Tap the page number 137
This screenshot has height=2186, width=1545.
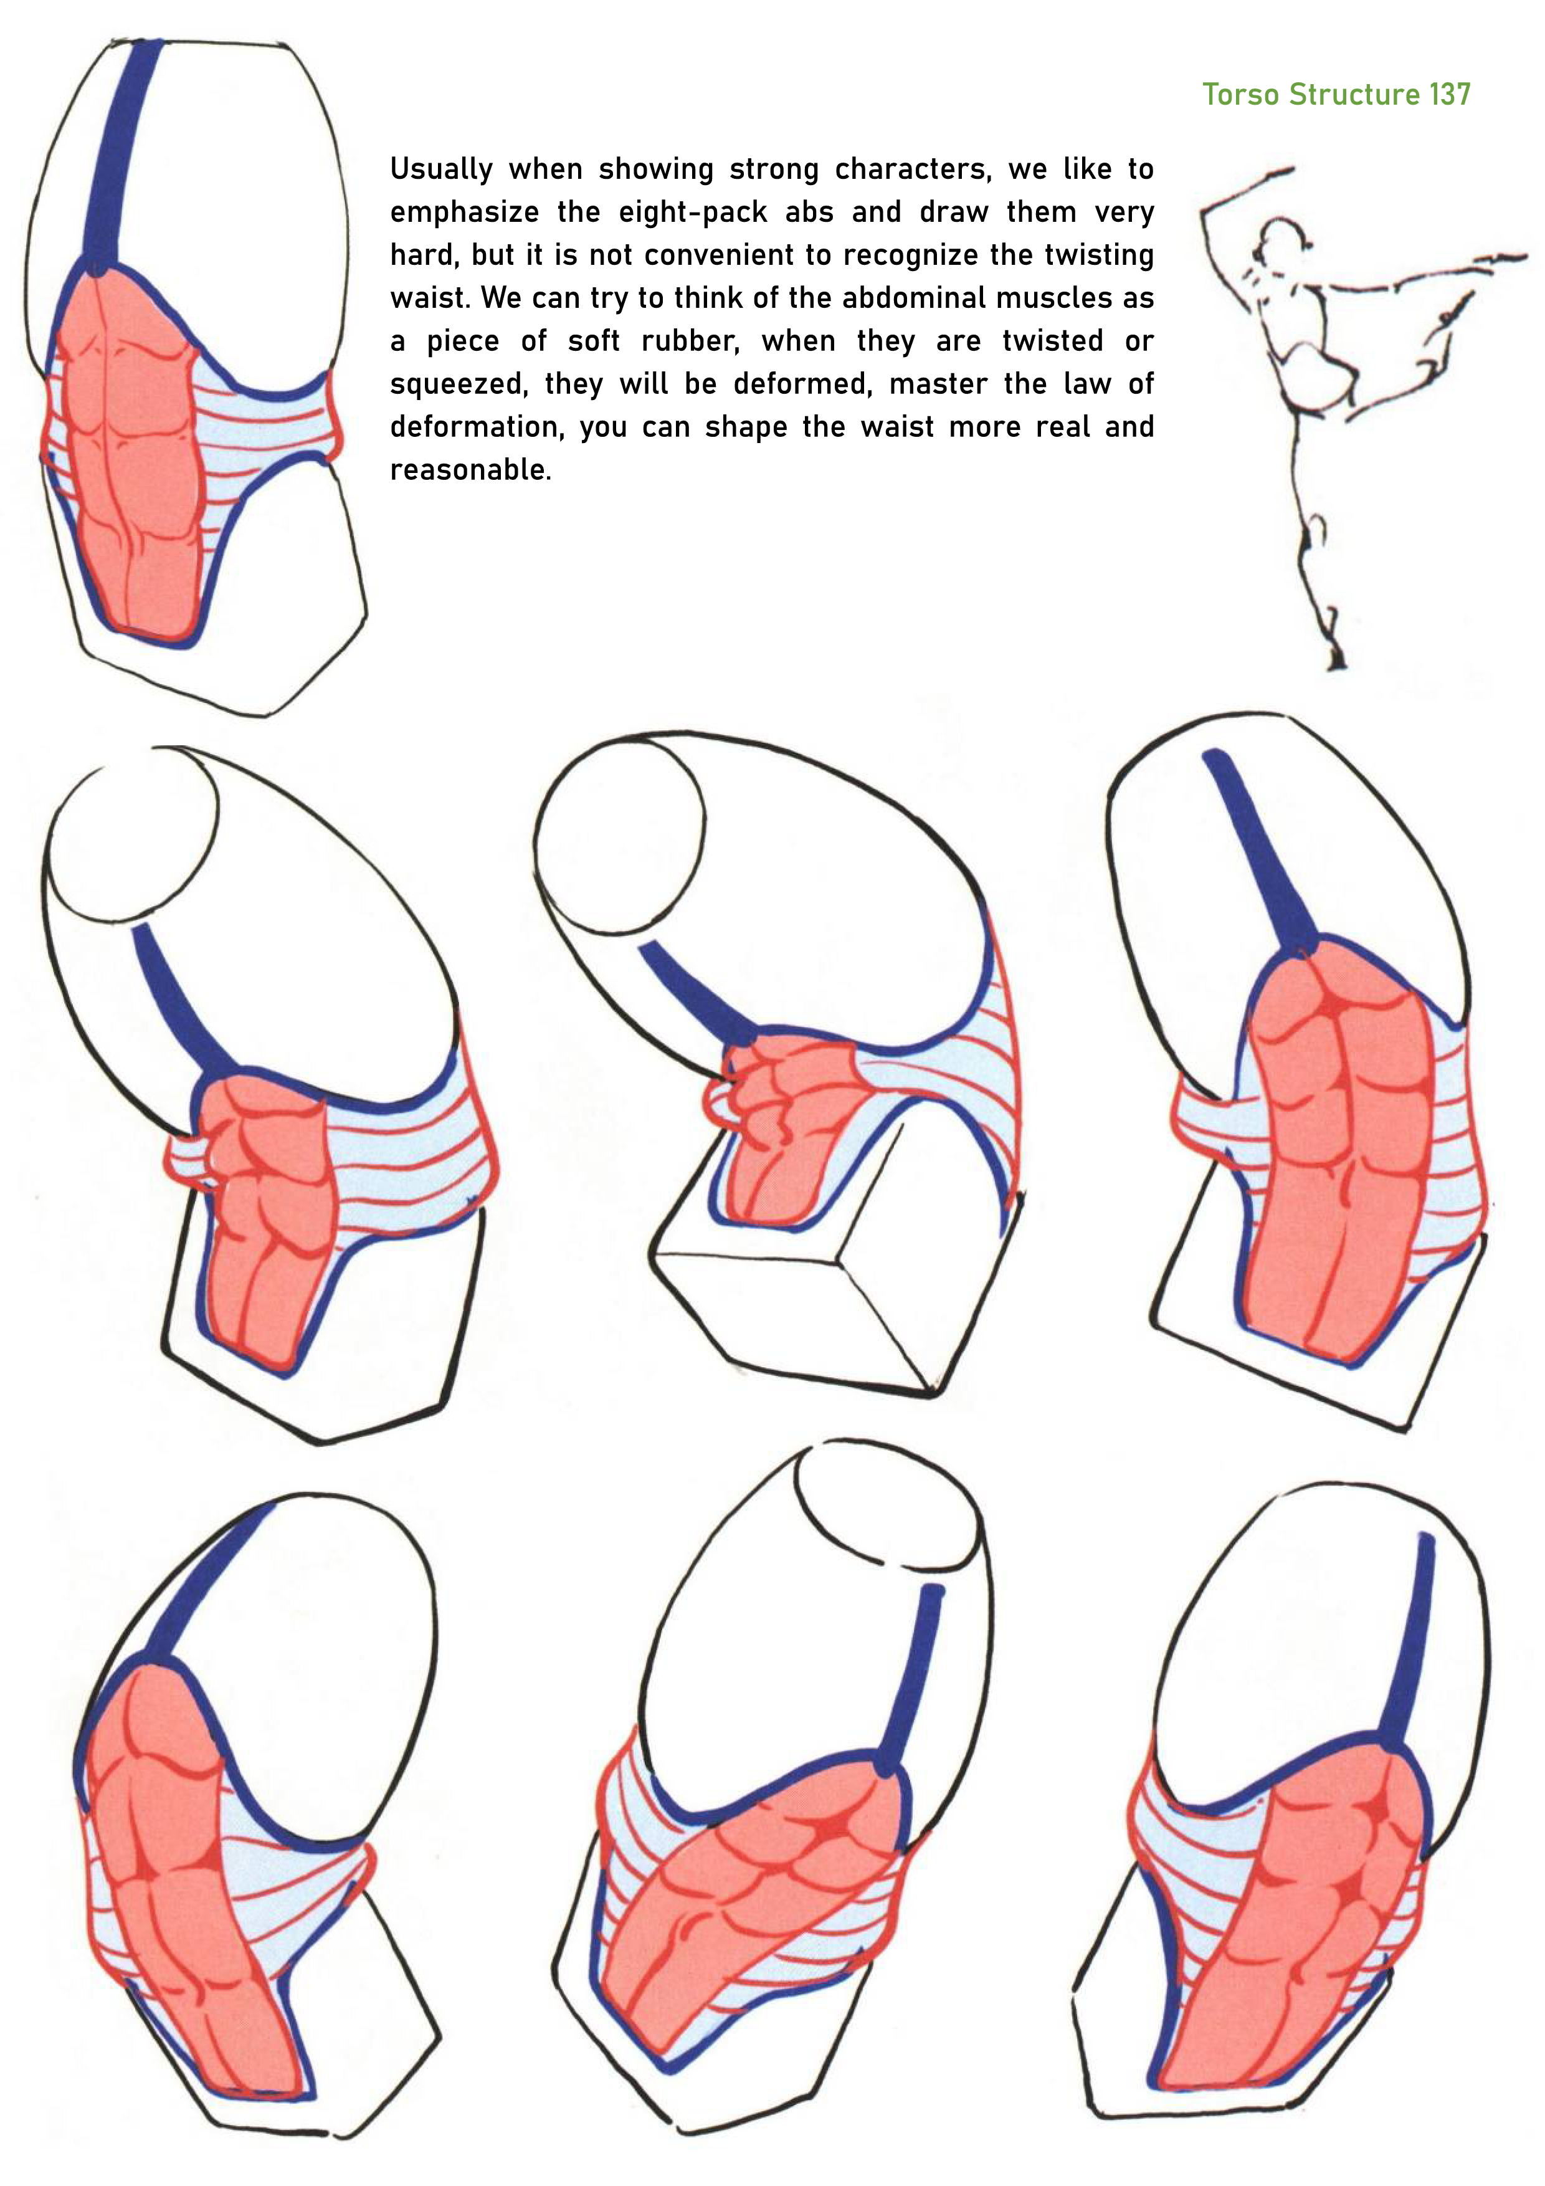(x=1450, y=94)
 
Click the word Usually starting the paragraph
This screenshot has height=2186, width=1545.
(x=442, y=169)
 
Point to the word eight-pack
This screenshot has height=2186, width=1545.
(x=693, y=212)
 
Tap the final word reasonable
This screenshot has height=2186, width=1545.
(x=471, y=469)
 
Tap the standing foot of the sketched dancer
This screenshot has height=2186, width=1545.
(x=1336, y=657)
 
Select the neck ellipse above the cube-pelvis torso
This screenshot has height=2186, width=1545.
(x=619, y=838)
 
